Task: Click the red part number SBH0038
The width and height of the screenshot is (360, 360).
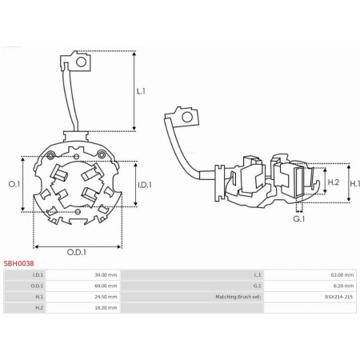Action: [x=18, y=263]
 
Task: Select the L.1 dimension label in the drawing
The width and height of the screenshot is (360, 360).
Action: [x=141, y=91]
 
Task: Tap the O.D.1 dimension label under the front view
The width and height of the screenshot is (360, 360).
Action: [x=77, y=252]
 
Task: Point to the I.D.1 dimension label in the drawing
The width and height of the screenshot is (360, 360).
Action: [x=145, y=185]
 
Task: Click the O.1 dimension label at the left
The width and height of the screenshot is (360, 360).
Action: [x=14, y=184]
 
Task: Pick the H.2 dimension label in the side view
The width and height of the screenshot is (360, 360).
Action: [x=333, y=182]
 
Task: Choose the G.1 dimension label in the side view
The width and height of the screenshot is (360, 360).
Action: [x=299, y=219]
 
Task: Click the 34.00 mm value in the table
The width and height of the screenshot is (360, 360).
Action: [x=106, y=275]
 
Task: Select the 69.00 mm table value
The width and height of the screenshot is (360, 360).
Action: [x=106, y=286]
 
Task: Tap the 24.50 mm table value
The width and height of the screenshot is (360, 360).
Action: [x=106, y=297]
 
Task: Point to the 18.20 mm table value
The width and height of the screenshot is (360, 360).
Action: [x=106, y=308]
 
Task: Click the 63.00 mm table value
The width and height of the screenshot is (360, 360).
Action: [x=342, y=275]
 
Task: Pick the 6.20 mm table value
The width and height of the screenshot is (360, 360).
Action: [x=344, y=286]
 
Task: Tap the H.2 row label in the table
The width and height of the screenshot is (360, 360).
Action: [x=39, y=308]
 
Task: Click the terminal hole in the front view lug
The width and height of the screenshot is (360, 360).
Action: [x=81, y=62]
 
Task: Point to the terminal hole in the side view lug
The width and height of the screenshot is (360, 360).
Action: [x=187, y=117]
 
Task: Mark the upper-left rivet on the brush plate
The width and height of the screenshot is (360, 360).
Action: [x=50, y=155]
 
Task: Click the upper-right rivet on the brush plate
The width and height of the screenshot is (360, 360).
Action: [x=101, y=154]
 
